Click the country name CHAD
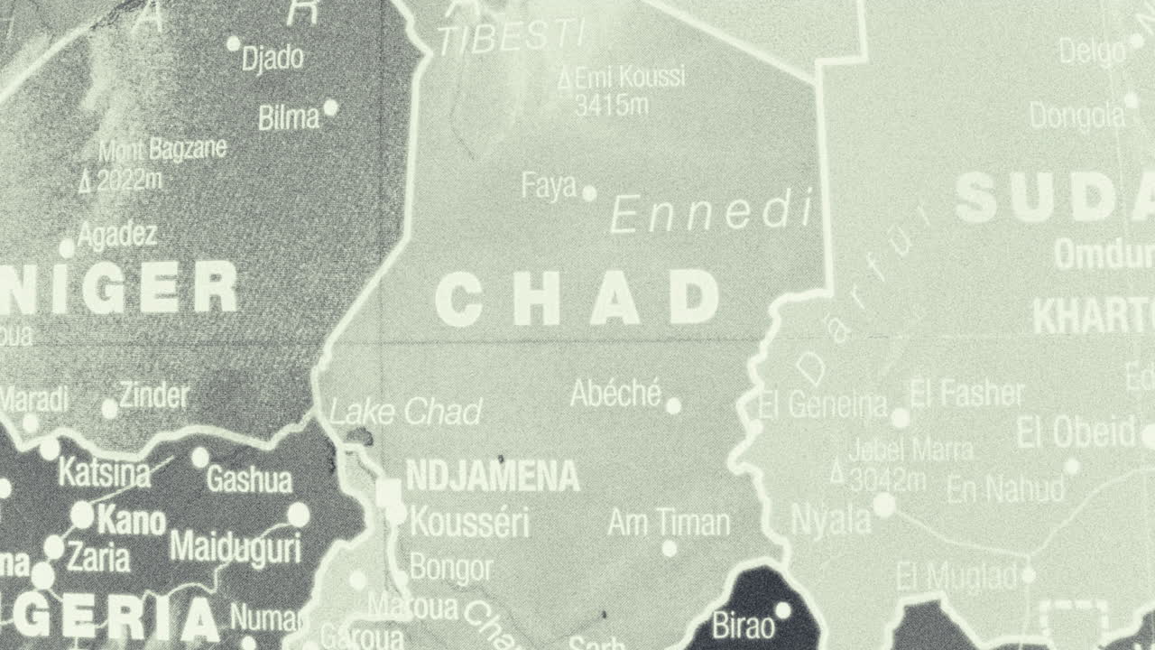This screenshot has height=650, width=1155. coord(577,300)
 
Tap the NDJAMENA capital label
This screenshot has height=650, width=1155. coord(492,476)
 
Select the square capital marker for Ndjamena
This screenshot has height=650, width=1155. coord(389,493)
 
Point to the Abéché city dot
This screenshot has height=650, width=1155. coord(673,406)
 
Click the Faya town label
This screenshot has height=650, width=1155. coord(549,187)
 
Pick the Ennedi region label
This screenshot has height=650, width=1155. coord(711,213)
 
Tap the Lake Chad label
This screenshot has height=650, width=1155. coord(405,413)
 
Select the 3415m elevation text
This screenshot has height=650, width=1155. coord(612,105)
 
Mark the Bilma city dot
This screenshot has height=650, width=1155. coord(330,107)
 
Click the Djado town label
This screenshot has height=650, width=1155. coord(273,59)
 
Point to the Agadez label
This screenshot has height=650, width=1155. coord(117,235)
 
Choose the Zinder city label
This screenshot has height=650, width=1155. coord(154,395)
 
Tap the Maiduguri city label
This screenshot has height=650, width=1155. coord(235,547)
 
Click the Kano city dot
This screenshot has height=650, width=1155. coord(82,515)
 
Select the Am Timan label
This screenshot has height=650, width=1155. coord(669,522)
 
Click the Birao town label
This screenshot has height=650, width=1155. coord(743,625)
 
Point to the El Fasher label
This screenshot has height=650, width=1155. coord(967,394)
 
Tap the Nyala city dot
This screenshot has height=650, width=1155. coord(884,506)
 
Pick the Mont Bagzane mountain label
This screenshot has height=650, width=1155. coord(162,149)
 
